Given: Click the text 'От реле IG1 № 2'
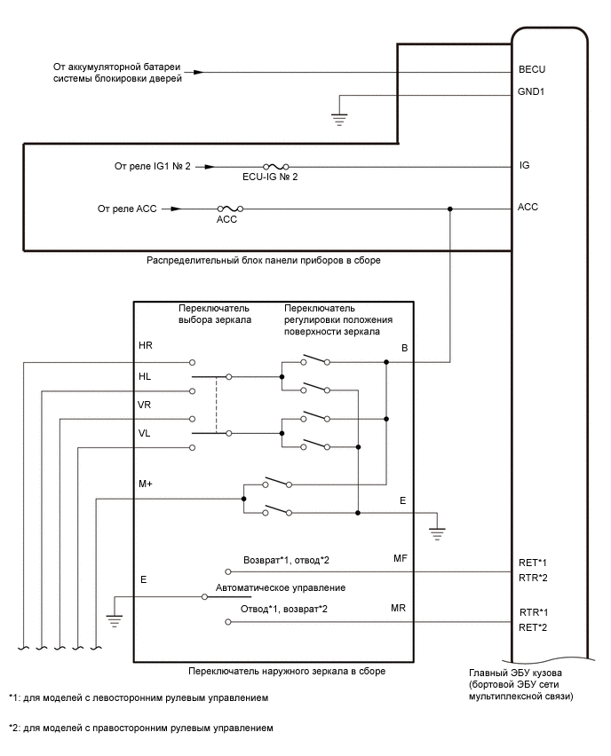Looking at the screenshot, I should click(153, 166).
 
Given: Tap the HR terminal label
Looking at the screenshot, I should click(146, 345).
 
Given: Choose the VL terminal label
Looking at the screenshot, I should click(145, 433).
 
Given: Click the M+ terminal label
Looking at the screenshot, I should click(147, 484).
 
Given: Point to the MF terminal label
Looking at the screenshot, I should click(400, 559).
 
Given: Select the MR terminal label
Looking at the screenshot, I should click(400, 609).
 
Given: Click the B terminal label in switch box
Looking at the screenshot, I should click(404, 349).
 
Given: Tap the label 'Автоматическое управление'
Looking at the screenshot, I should click(280, 588).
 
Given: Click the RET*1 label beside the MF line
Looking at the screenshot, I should click(533, 563).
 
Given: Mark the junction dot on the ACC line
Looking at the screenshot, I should click(450, 209).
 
